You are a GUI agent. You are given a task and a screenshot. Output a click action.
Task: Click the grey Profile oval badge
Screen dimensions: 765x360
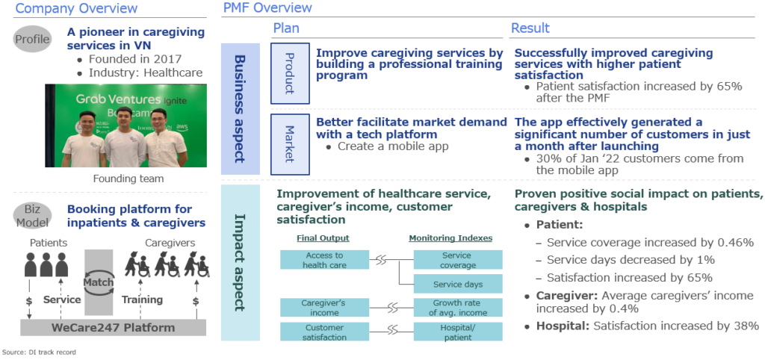point(33,39)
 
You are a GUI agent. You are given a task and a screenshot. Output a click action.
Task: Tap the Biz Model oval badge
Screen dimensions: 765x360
point(33,216)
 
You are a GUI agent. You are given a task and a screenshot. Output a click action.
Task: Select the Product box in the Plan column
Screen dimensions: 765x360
point(290,73)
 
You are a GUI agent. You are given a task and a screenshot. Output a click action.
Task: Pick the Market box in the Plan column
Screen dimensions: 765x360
point(290,144)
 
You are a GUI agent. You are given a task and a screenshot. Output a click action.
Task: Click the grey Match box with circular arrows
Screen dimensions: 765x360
point(99,282)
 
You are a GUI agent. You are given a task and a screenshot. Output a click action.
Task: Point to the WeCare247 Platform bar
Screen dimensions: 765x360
point(114,327)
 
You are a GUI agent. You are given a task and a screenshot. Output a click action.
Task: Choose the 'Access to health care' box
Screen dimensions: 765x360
point(324,260)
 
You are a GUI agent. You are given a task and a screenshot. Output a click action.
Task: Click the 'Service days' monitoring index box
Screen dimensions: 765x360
point(458,284)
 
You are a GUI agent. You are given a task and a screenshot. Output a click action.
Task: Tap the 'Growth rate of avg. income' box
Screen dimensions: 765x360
point(458,308)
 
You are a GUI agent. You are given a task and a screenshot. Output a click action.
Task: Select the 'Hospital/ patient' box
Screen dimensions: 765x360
point(458,332)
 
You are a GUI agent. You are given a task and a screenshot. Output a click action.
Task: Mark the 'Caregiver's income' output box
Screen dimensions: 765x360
point(324,308)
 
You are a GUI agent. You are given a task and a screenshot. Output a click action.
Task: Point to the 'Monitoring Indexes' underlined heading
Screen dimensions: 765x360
point(450,238)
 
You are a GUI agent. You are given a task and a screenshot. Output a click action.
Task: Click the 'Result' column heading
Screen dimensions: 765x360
point(530,28)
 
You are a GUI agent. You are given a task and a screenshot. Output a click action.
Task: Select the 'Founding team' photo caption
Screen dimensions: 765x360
point(128,179)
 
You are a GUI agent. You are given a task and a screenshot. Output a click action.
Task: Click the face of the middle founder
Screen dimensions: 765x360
point(125,117)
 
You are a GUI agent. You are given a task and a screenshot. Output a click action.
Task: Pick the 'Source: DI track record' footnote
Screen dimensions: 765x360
point(40,352)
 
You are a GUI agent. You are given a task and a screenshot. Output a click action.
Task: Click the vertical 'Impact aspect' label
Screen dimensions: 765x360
point(240,263)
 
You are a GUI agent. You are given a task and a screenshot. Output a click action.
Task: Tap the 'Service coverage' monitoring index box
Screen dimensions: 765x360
point(458,260)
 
